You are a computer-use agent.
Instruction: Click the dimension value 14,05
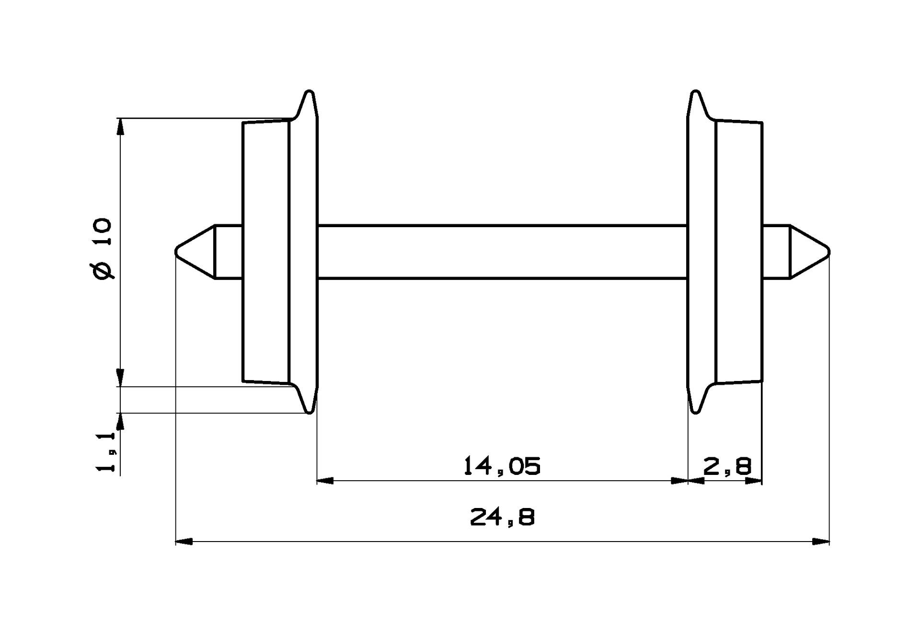502,466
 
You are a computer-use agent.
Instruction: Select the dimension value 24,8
502,518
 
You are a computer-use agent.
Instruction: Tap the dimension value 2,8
727,466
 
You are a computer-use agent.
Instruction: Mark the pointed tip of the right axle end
828,251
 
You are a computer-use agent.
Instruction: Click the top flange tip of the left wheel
310,91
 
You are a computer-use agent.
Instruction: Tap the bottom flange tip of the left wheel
310,412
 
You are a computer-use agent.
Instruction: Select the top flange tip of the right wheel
695,91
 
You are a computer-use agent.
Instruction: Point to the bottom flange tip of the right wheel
695,412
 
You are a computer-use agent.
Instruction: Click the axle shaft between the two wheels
502,251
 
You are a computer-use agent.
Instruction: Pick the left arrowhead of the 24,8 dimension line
184,542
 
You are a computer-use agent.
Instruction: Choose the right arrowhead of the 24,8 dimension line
821,542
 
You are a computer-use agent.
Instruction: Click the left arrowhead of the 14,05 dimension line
325,480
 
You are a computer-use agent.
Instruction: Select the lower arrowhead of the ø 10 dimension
120,378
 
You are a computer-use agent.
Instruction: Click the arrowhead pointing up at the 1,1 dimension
120,421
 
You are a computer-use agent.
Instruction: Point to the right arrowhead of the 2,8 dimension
754,480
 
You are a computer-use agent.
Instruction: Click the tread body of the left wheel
266,251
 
